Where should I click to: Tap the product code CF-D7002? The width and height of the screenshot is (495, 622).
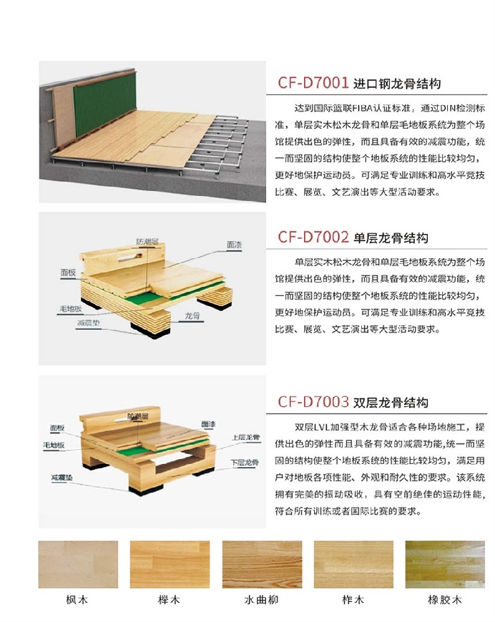tap(313, 237)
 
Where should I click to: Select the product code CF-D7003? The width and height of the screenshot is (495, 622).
tap(313, 402)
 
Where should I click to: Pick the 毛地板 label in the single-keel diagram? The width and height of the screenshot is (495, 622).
tap(70, 309)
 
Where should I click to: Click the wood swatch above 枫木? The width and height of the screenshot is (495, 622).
tap(78, 564)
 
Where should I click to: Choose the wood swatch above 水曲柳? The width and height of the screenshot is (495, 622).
tap(261, 564)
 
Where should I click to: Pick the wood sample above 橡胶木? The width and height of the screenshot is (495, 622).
tap(445, 564)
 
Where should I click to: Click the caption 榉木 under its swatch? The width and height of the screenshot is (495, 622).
tap(169, 600)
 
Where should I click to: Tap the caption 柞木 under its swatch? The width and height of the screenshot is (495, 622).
tap(353, 600)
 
